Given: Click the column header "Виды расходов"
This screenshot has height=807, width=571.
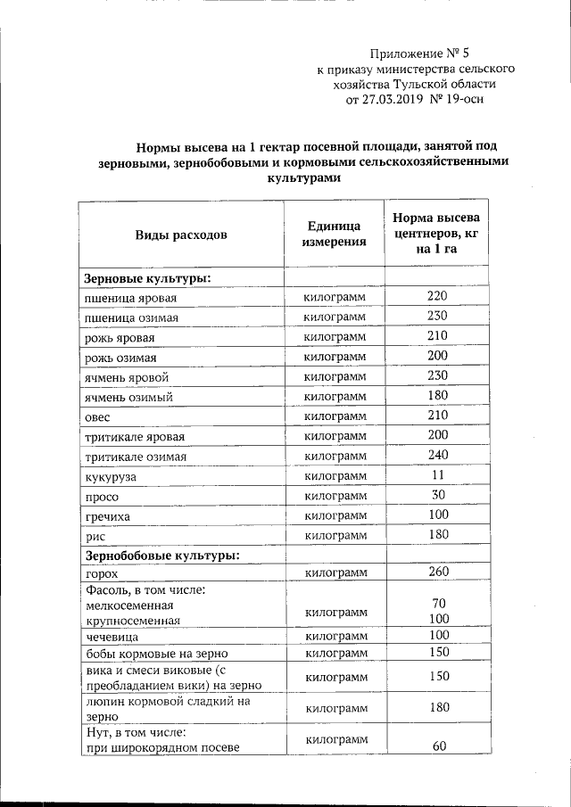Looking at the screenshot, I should [x=181, y=235].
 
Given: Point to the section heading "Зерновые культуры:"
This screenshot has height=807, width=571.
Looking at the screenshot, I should [x=147, y=278].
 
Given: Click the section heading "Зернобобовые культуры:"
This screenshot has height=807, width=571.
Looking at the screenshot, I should [x=161, y=555].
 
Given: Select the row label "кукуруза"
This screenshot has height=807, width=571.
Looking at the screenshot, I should [x=111, y=477].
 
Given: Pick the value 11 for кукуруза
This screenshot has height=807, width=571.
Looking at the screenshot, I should [x=437, y=475].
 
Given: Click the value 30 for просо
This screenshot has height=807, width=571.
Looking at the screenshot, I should [x=437, y=495].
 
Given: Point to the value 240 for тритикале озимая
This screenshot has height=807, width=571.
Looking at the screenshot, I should [x=437, y=455].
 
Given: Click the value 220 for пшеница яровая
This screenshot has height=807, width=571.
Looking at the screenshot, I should [x=437, y=296].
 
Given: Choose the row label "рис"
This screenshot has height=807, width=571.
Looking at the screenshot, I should [x=93, y=536].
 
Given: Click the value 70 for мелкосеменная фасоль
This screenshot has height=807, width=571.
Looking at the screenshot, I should [x=438, y=604].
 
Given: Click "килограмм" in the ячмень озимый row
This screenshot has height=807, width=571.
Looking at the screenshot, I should [x=335, y=397].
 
